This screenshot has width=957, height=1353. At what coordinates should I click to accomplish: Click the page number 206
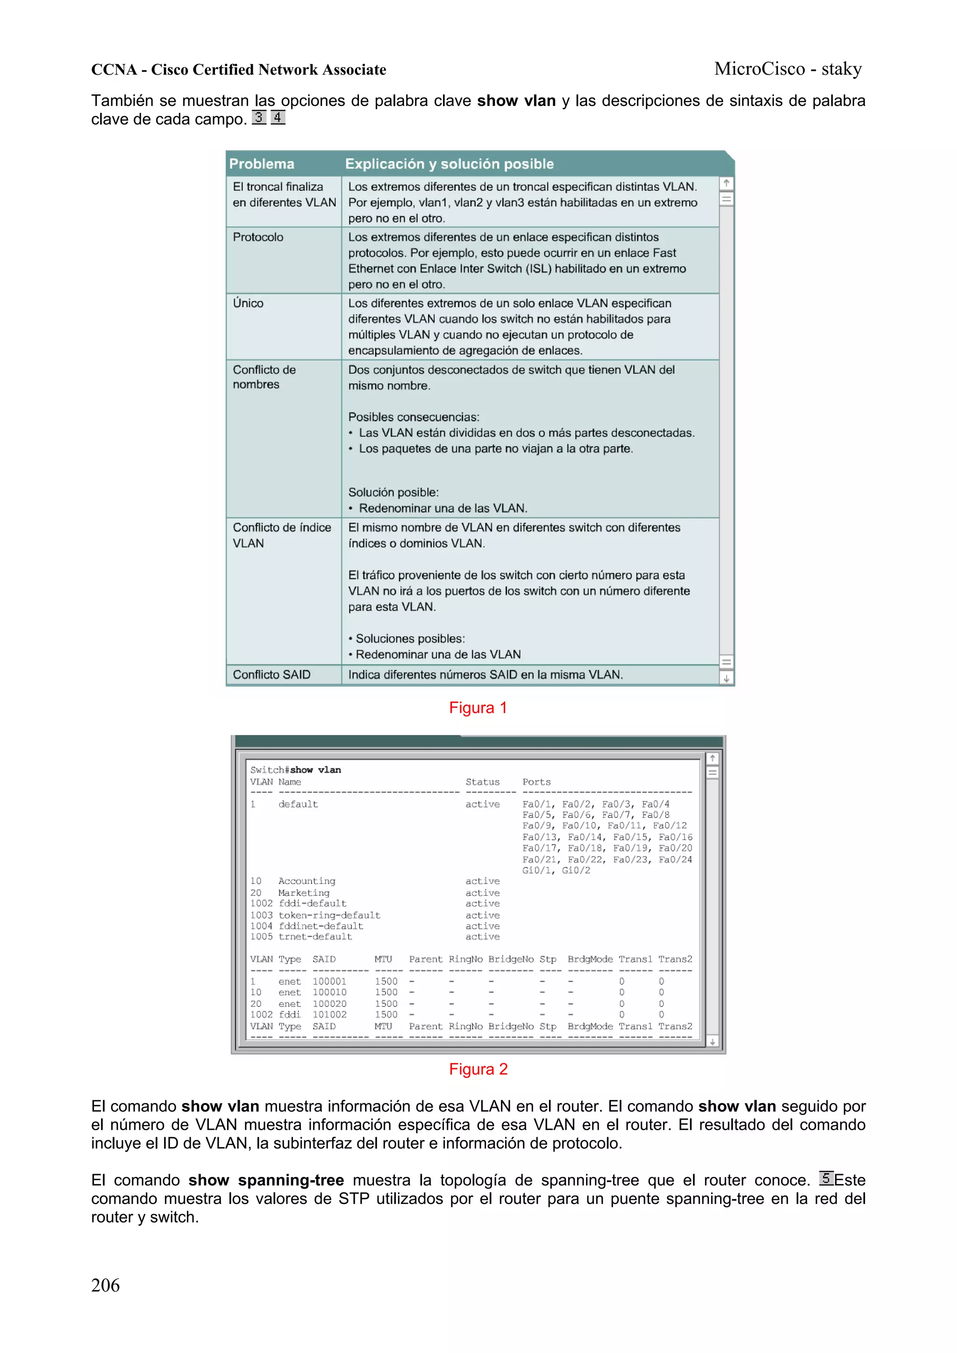pos(105,1285)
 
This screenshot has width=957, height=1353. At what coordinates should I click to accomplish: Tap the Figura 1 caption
pos(478,708)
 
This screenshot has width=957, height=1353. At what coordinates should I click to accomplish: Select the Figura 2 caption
pos(478,1069)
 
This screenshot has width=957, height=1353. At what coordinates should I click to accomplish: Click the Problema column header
pos(261,164)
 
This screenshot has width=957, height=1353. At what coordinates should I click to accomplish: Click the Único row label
pos(248,303)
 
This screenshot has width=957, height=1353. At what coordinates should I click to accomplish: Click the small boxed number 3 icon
pos(258,117)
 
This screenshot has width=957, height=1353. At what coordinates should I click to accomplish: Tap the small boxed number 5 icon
pos(826,1178)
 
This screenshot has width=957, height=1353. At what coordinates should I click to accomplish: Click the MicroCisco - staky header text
pos(788,69)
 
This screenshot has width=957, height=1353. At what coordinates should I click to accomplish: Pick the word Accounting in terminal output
pos(307,881)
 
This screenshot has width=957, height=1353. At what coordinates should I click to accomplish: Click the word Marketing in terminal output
pos(304,893)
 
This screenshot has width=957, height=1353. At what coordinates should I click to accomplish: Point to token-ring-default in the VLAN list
pos(329,915)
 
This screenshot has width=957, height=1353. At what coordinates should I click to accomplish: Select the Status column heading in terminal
pos(482,782)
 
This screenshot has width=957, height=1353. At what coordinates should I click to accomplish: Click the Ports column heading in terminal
pos(536,782)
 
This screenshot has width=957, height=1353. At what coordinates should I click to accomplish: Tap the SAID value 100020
pos(329,1004)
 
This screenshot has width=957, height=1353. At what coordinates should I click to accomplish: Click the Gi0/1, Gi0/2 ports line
pos(556,871)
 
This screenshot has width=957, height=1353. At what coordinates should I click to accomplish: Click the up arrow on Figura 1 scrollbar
pos(727,183)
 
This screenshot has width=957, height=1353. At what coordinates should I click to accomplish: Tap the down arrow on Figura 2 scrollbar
pos(712,1042)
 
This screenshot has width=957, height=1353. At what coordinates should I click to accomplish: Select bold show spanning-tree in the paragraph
pos(266,1180)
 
